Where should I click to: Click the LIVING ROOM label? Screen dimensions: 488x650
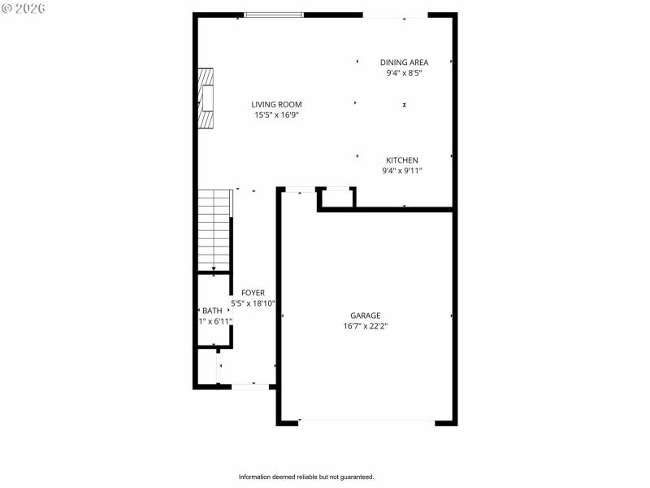(276, 104)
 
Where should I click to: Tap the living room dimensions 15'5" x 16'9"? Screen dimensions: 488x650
(276, 115)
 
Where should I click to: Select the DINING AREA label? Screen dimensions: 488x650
(404, 63)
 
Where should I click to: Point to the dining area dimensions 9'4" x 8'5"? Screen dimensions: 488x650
(404, 73)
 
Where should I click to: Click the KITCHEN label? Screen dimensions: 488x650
(401, 160)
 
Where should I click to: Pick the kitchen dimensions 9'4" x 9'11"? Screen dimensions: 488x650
(401, 171)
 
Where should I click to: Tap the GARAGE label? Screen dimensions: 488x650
(365, 316)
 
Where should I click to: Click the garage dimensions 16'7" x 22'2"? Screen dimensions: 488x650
(365, 326)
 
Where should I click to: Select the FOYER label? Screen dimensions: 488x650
(253, 293)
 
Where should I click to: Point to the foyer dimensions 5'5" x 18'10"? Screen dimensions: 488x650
(253, 303)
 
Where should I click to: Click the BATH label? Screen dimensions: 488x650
(212, 311)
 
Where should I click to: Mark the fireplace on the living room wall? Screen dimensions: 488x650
(207, 98)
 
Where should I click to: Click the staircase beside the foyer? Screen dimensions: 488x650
(214, 230)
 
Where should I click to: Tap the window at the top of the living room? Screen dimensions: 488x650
(274, 15)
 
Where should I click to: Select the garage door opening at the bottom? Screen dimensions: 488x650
(366, 421)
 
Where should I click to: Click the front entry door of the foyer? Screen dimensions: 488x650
(250, 386)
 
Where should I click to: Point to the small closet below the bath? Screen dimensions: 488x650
(206, 367)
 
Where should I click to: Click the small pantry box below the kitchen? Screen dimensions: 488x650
(336, 198)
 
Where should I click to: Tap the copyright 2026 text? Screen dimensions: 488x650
(24, 7)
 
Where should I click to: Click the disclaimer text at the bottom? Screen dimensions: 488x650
(305, 477)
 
